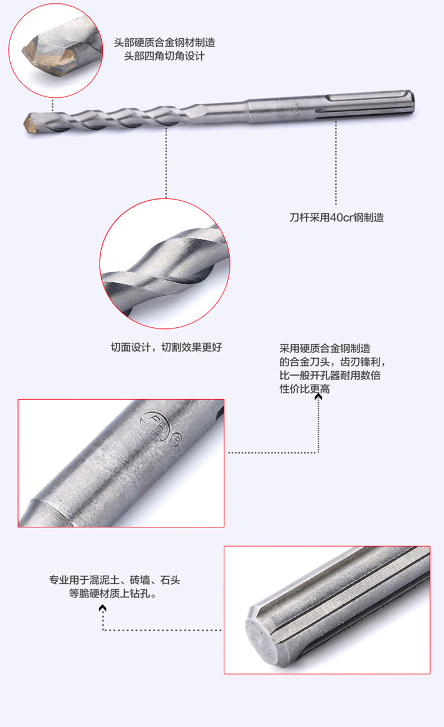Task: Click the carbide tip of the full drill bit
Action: [31, 121]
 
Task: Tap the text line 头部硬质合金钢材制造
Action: [164, 42]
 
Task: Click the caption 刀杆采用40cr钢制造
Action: [336, 218]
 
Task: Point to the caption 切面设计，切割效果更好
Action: [166, 347]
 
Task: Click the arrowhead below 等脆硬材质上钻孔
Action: [102, 608]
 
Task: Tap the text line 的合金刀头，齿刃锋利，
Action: [332, 363]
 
